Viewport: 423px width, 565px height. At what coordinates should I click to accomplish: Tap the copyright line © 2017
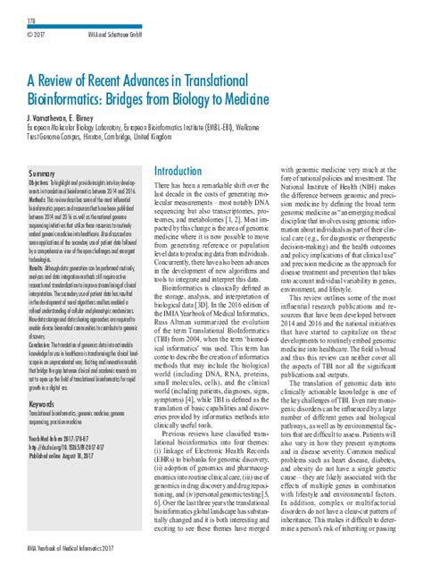pos(37,36)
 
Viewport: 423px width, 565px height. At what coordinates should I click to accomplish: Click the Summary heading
pos(42,172)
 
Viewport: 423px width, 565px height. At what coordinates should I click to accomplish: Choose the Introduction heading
pos(178,171)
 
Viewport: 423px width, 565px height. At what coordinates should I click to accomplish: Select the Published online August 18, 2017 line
pos(69,454)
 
